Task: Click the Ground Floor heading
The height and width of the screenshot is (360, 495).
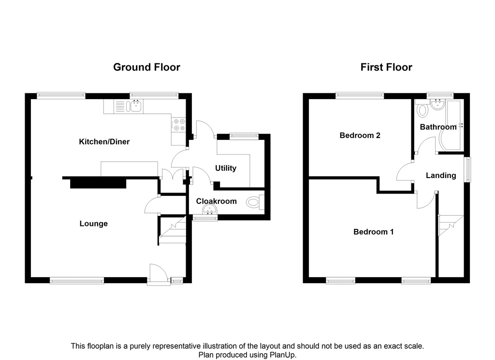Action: pos(146,67)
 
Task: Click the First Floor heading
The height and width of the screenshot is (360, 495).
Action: pos(386,67)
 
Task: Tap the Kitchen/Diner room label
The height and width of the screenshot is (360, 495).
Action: pos(104,142)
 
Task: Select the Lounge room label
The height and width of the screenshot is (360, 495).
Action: pos(93,224)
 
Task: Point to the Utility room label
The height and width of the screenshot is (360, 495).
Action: pos(226,168)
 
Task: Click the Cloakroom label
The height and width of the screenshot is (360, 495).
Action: pos(217,201)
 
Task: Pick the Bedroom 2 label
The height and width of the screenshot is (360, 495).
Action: pos(360,135)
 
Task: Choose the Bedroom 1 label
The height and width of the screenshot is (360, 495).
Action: pos(373,232)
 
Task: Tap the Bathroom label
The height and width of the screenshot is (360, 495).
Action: pos(438,127)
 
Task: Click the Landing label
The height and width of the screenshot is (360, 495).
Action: pos(440,176)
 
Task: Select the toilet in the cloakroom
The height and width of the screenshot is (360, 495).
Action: pos(254,202)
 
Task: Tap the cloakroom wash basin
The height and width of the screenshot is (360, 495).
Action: pos(210,210)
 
